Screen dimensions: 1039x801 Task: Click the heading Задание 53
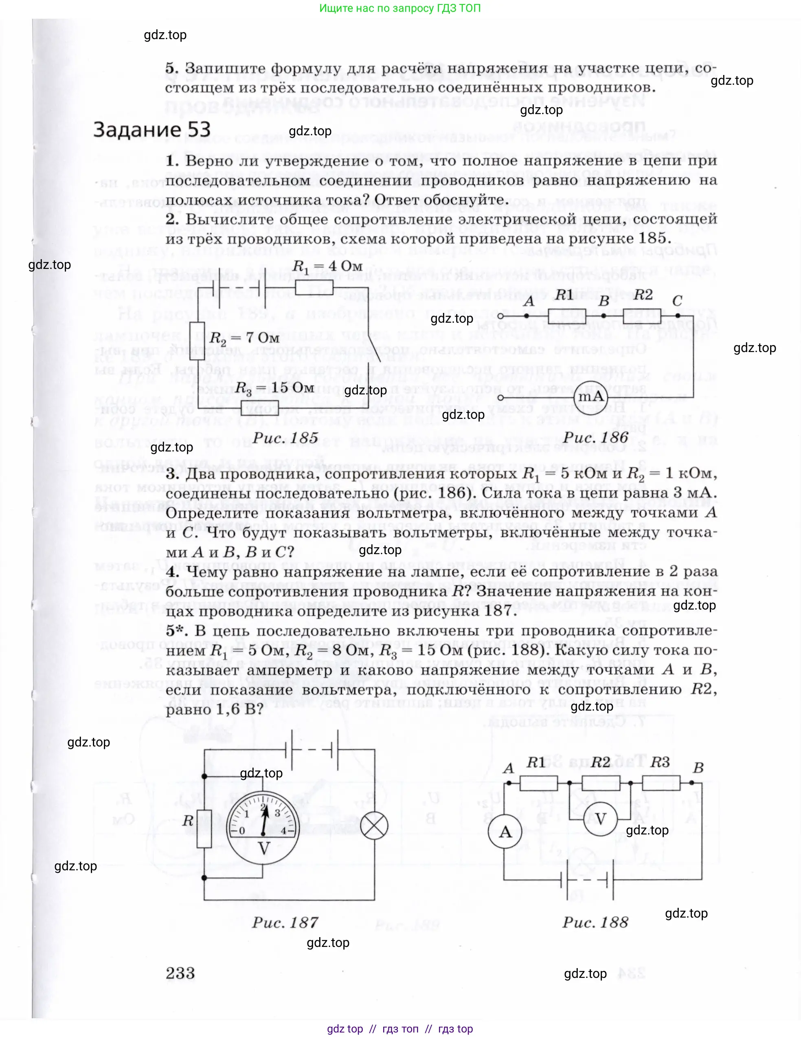[151, 130]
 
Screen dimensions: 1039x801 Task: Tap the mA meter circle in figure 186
[590, 397]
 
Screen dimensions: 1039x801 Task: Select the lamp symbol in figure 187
[374, 826]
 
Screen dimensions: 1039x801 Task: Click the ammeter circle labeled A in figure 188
[505, 832]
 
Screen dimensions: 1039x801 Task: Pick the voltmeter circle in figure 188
[600, 819]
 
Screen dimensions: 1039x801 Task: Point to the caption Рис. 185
[285, 438]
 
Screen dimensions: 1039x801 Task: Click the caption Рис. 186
[596, 437]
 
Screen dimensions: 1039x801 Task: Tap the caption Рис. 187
[285, 922]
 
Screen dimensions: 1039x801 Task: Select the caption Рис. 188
[595, 922]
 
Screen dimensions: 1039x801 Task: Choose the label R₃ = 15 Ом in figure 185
[274, 388]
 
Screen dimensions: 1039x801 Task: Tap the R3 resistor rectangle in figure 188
[661, 783]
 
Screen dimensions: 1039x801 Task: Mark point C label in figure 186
[677, 301]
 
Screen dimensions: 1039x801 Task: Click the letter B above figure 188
[698, 767]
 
